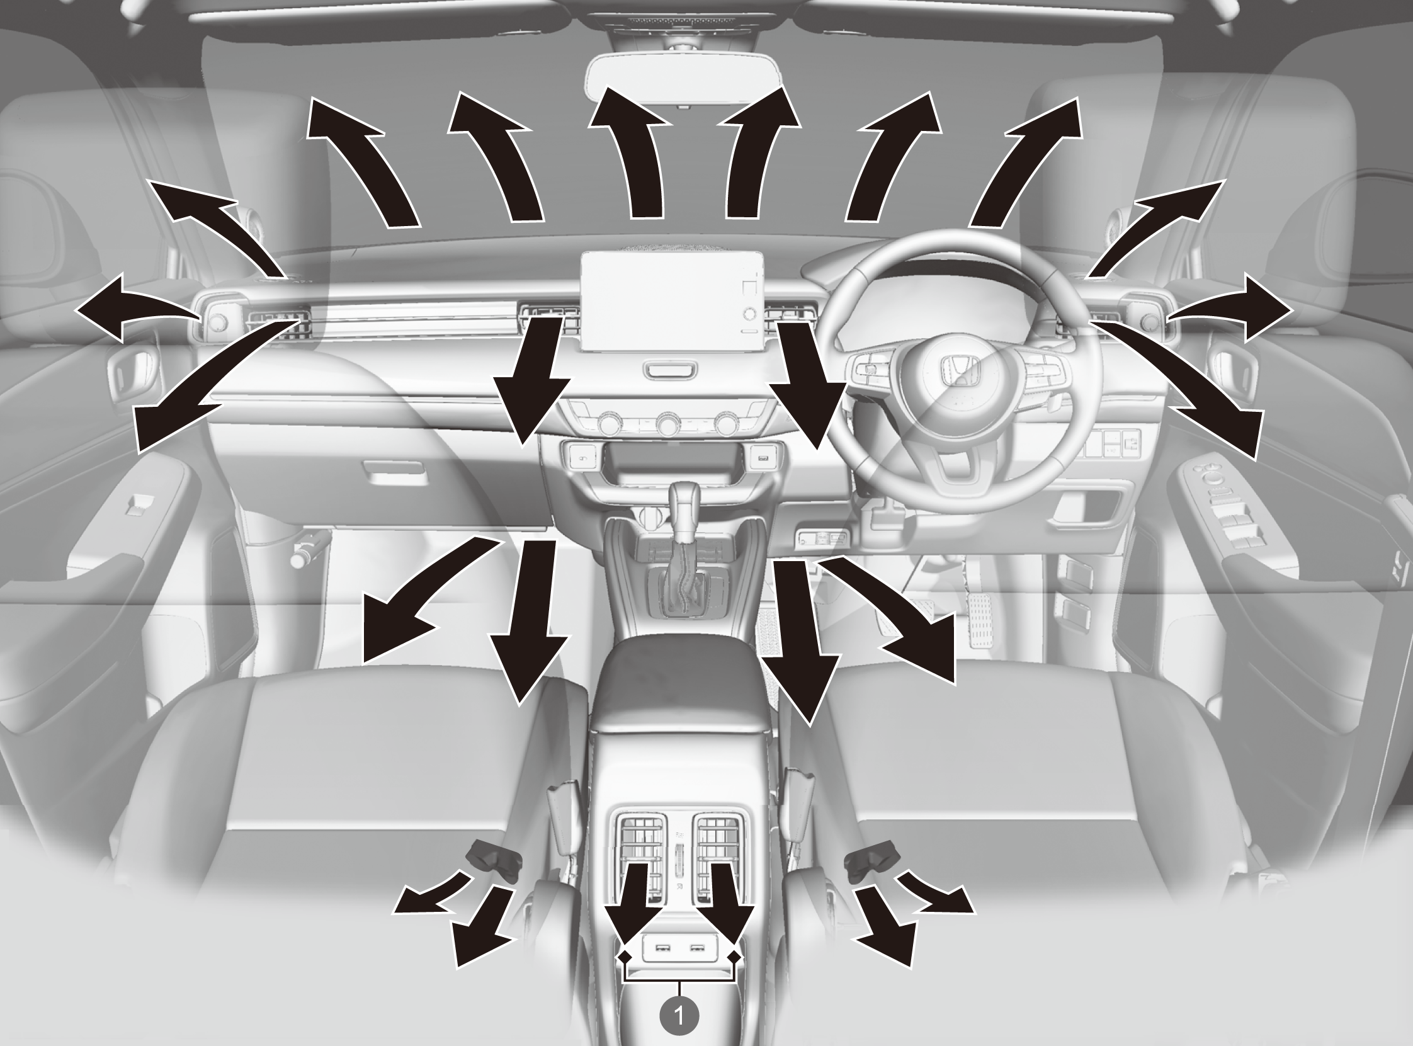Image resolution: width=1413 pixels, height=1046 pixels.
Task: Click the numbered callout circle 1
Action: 679,1016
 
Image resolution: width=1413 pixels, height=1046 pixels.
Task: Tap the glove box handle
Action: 393,470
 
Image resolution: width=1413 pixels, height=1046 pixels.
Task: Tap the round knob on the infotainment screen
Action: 751,313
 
